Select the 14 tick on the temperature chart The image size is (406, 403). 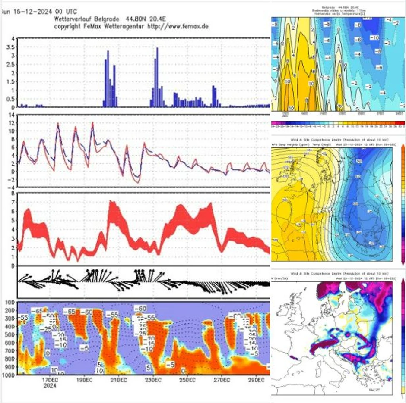(x=12, y=115)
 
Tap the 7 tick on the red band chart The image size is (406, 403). (x=14, y=202)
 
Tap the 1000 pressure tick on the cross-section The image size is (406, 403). (x=7, y=375)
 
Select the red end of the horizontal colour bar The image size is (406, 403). (x=402, y=124)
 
